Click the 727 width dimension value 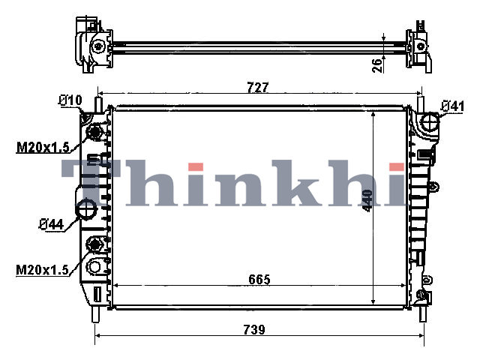coord(257,88)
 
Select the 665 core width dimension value coord(259,280)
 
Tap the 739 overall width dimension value coord(254,330)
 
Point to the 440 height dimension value coord(367,200)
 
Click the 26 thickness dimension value coord(378,64)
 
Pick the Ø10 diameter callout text coord(70,100)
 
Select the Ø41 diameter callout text coord(452,106)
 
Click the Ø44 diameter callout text coord(52,225)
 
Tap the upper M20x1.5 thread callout coord(43,148)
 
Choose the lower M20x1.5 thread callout coord(42,270)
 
